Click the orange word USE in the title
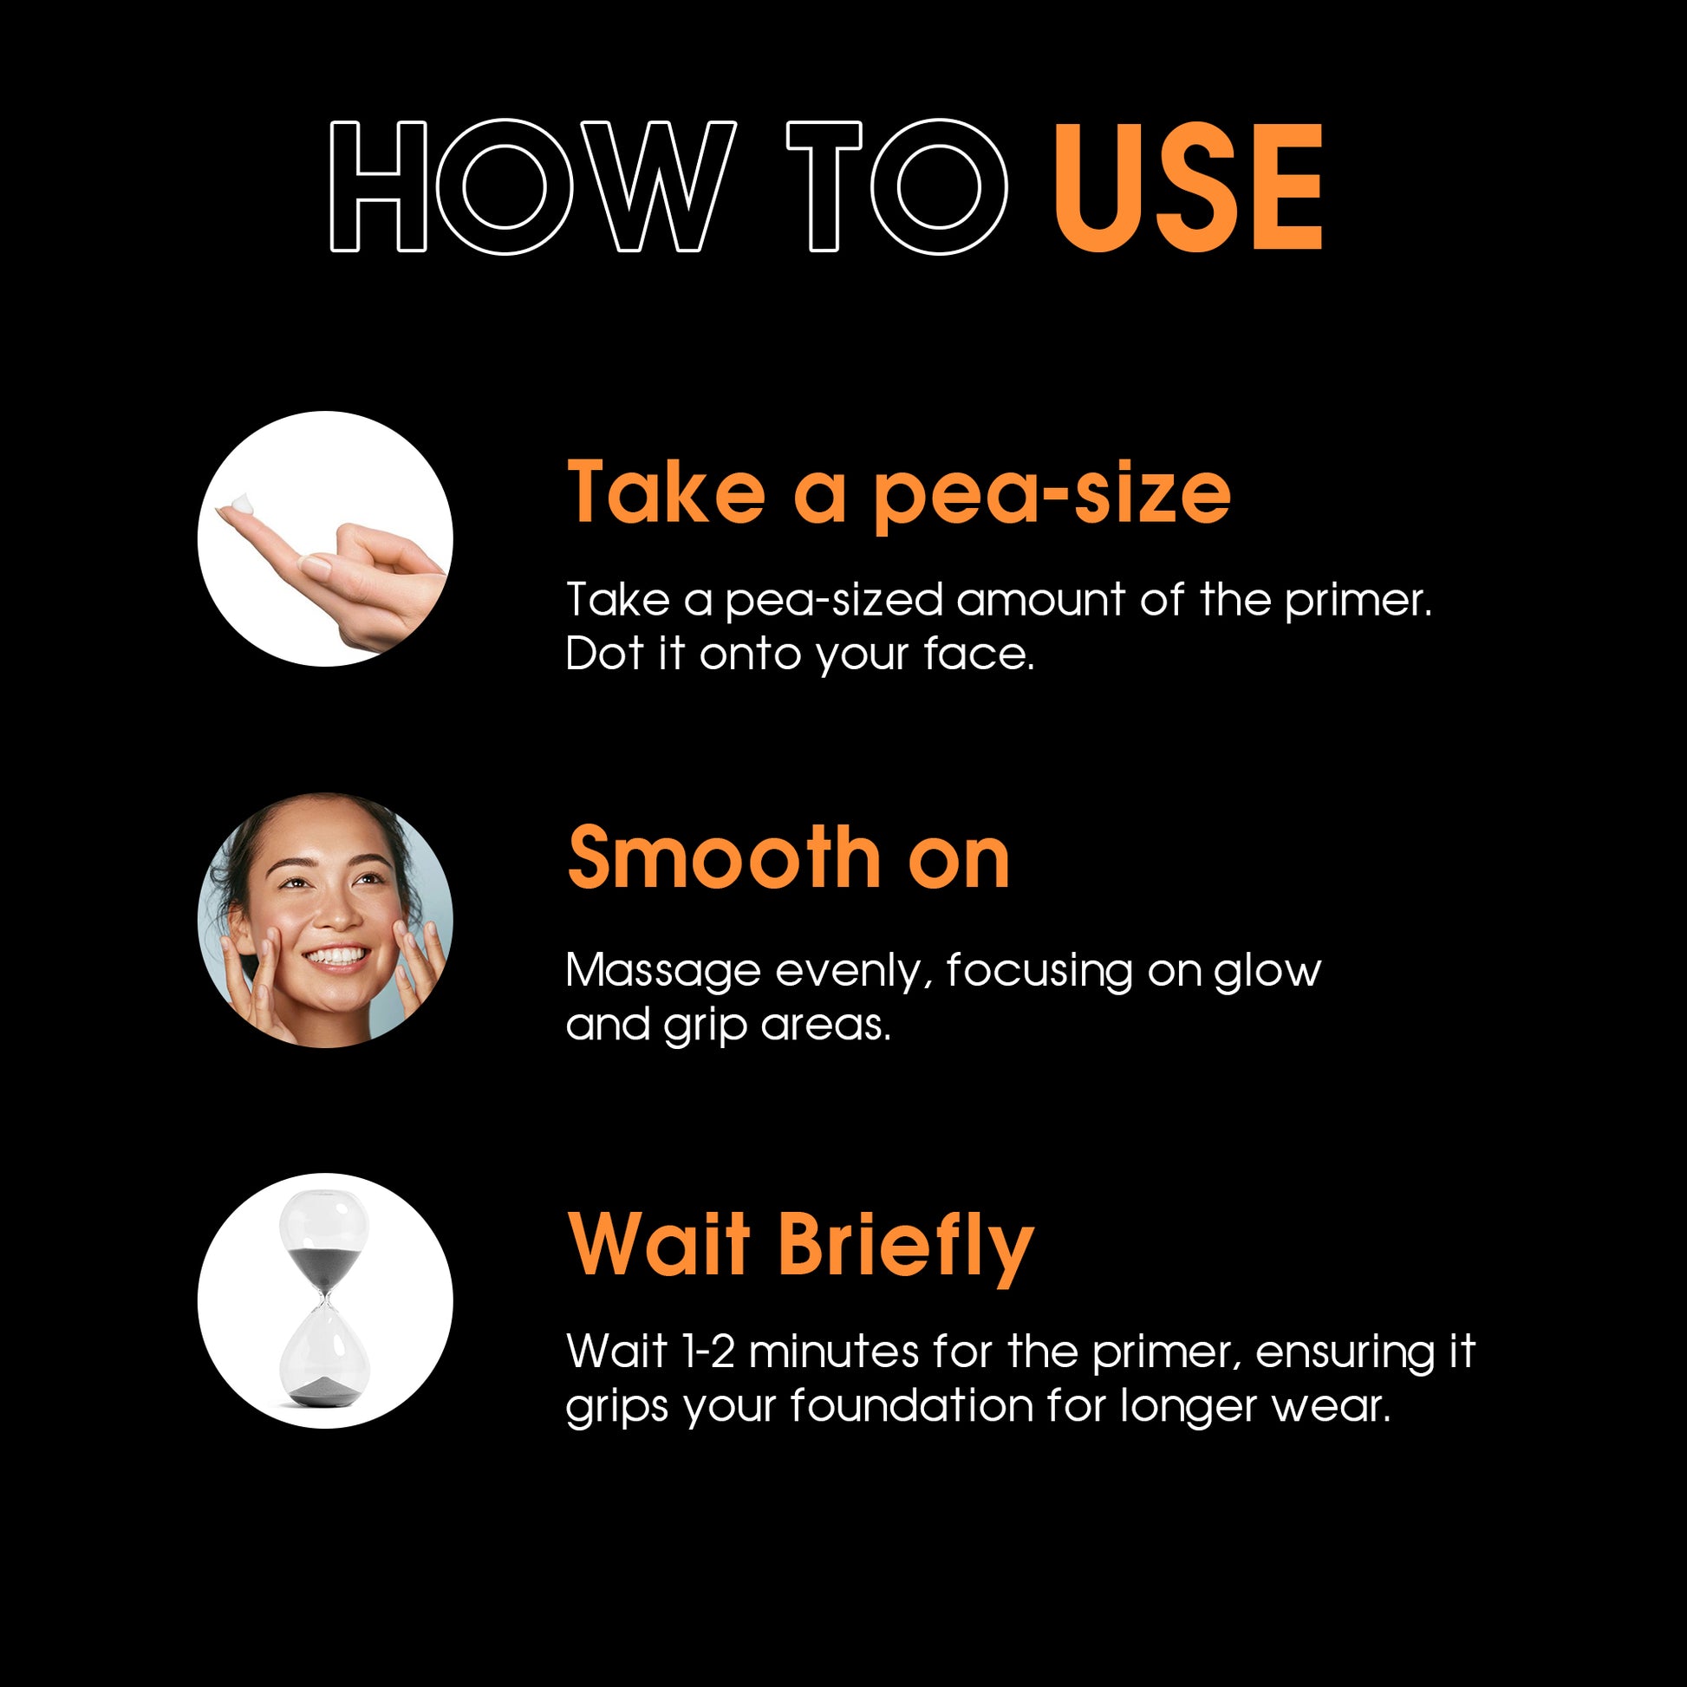[x=1189, y=187]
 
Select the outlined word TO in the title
[x=897, y=187]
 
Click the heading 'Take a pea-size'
[x=898, y=494]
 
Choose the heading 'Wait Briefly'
[x=801, y=1247]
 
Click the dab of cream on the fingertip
[x=242, y=504]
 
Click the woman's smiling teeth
[x=337, y=956]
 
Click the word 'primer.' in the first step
[x=1358, y=602]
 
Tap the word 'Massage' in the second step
[x=664, y=972]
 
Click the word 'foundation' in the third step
[x=913, y=1406]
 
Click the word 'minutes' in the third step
[x=834, y=1352]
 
